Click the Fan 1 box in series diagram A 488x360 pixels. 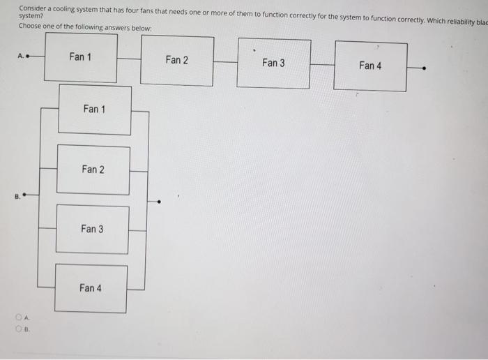[81, 57]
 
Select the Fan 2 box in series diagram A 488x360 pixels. [177, 60]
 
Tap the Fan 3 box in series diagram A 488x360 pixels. [273, 63]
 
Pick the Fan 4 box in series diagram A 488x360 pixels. [370, 66]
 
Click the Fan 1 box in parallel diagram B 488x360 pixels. [94, 109]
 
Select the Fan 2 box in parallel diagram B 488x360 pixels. [93, 170]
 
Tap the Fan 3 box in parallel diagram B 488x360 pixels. [92, 229]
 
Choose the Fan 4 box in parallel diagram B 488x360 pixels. [91, 288]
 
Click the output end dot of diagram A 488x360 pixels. [425, 68]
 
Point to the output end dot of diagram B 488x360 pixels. [160, 202]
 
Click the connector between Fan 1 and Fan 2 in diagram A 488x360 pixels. [129, 59]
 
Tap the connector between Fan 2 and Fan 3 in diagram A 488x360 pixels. [224, 62]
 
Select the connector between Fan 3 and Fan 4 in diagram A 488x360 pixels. [321, 65]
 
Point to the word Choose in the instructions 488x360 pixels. [31, 27]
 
